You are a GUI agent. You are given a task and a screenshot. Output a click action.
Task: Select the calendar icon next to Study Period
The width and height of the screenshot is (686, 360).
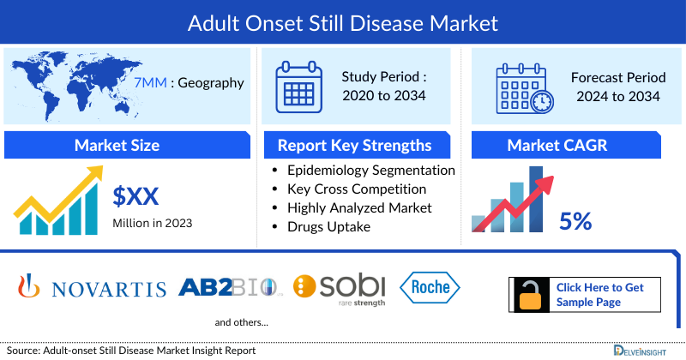298,87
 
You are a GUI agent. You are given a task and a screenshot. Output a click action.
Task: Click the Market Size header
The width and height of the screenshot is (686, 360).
117,145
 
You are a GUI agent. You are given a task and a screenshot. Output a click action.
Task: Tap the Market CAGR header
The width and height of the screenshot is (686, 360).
569,145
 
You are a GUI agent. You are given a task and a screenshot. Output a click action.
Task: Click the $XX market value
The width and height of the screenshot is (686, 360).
136,197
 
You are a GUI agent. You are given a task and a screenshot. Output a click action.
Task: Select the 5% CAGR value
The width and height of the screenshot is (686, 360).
575,221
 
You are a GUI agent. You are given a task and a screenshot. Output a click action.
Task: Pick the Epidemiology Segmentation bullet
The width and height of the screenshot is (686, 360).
371,170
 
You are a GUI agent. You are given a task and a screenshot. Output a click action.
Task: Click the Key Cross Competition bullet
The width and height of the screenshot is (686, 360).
357,189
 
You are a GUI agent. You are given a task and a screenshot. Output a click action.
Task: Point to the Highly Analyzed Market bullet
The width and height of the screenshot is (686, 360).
359,207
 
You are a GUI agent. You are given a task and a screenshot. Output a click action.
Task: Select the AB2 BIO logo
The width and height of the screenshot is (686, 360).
230,286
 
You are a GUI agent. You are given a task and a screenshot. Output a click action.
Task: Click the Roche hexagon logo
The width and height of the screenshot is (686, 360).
430,287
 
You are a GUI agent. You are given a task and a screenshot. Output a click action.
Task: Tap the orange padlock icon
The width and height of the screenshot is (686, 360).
529,295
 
